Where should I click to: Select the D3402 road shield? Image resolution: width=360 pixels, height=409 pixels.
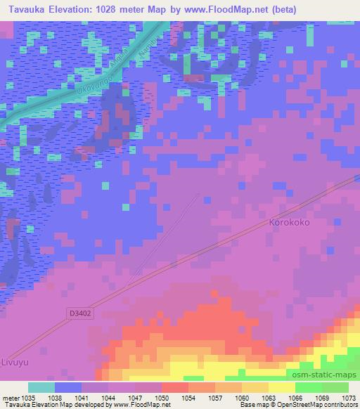pos(80,313)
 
